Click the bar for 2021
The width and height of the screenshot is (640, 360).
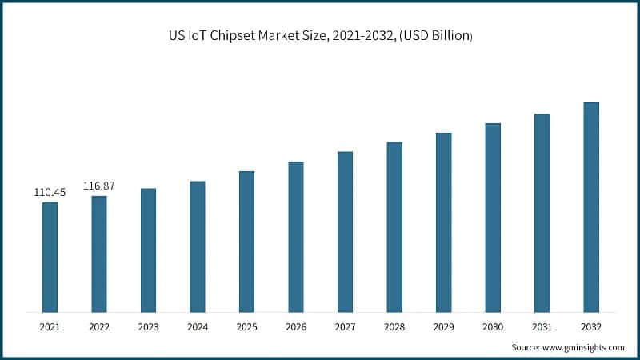[50, 257]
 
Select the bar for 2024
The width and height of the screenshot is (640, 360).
[197, 246]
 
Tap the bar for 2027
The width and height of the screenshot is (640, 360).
[345, 231]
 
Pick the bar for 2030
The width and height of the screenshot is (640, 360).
[493, 218]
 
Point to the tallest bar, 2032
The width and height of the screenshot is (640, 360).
[591, 207]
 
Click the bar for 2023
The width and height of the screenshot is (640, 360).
[148, 250]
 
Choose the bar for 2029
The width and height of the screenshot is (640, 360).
[443, 222]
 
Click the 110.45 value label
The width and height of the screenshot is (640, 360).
[50, 193]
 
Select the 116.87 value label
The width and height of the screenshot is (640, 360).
[99, 186]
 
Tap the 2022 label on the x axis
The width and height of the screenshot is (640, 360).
[99, 326]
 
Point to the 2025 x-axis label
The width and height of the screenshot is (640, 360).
[246, 326]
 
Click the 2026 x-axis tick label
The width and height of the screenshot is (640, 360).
[296, 326]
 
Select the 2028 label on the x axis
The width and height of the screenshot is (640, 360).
[394, 326]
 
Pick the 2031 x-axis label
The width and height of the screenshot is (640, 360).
[542, 326]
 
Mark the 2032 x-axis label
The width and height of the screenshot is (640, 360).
[591, 326]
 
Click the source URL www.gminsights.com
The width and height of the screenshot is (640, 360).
[583, 347]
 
